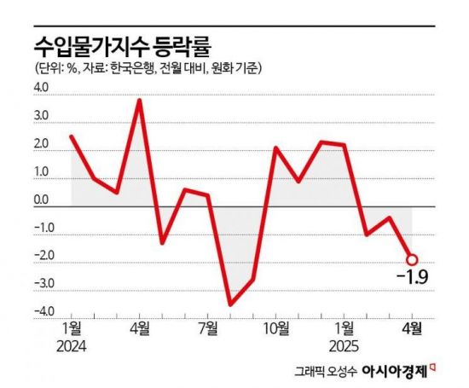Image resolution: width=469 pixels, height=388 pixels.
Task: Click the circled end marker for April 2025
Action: click(411, 259)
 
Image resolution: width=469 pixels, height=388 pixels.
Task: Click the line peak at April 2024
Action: click(140, 101)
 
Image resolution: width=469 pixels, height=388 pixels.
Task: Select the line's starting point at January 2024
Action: click(72, 136)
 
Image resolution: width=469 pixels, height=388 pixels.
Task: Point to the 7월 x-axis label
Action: click(207, 327)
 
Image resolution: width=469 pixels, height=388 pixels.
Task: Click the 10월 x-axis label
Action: click(275, 327)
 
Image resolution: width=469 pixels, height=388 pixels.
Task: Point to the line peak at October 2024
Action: click(275, 148)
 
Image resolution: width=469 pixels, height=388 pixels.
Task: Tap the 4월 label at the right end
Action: click(411, 327)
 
